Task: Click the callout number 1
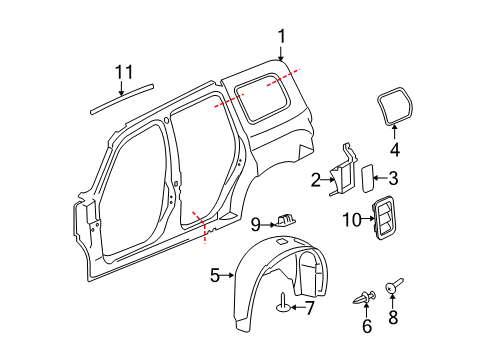tap(281, 37)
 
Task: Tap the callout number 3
tap(393, 179)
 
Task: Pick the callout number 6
tap(366, 326)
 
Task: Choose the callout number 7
tap(309, 307)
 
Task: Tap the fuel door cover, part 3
tap(366, 180)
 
